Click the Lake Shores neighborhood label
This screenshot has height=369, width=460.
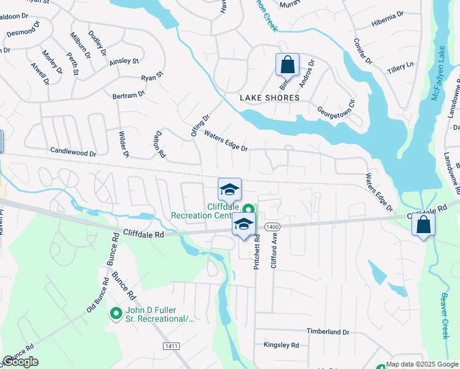(x=269, y=98)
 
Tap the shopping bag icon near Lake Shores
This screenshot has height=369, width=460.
(x=287, y=64)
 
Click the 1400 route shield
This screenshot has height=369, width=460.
(x=273, y=228)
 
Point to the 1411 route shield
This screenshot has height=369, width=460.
(x=171, y=347)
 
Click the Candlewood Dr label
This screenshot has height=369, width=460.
(x=73, y=151)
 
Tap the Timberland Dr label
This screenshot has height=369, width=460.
(x=328, y=331)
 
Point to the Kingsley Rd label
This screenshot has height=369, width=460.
(x=281, y=346)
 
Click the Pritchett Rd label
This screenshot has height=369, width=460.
(x=258, y=250)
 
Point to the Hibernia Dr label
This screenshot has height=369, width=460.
(x=387, y=22)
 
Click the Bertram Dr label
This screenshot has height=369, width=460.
(x=129, y=95)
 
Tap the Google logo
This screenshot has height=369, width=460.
(x=20, y=362)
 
